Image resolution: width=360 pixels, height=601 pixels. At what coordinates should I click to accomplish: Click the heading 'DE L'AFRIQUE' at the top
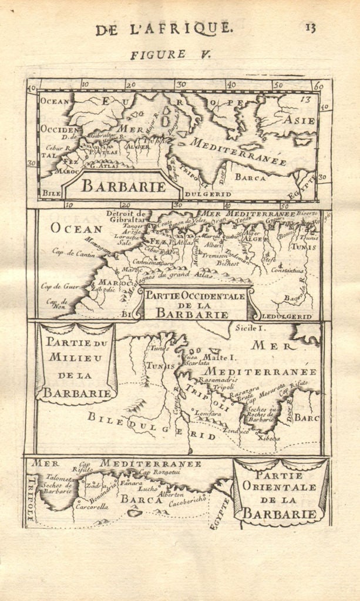click(164, 28)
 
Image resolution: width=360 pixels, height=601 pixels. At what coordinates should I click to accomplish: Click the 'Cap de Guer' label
click(60, 286)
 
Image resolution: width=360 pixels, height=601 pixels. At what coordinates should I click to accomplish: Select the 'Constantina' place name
click(287, 271)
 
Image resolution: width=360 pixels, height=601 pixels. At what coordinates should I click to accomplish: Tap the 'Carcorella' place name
click(91, 506)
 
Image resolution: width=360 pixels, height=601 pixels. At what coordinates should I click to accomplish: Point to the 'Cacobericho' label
click(188, 502)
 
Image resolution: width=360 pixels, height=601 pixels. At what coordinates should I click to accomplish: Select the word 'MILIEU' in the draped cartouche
click(75, 357)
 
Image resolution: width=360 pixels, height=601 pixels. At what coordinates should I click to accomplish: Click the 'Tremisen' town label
click(214, 255)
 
